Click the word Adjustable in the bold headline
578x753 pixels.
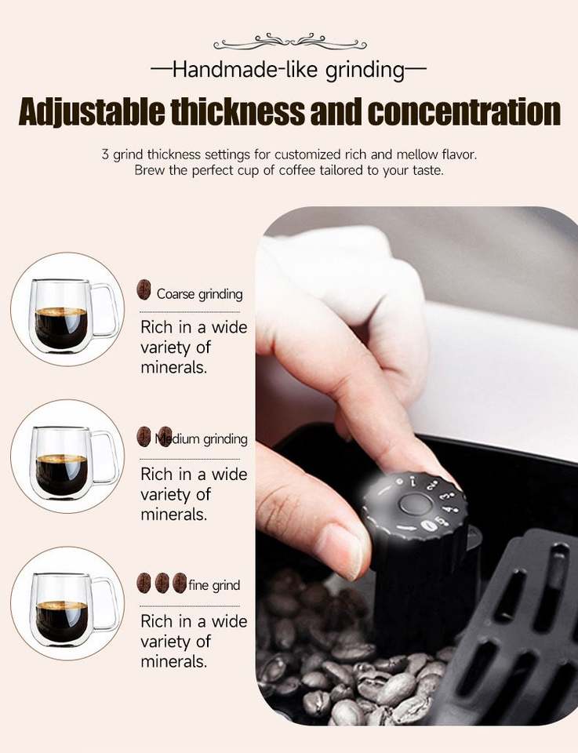[93, 111]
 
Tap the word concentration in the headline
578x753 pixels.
[464, 111]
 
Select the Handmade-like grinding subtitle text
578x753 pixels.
[289, 70]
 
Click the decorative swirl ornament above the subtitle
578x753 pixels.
[290, 42]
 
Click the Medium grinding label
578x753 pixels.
[201, 439]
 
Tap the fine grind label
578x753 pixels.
[214, 585]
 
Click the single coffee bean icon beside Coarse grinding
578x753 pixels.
[144, 290]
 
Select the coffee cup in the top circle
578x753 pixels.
[73, 315]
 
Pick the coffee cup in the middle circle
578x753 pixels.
[73, 462]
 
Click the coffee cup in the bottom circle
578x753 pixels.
[73, 609]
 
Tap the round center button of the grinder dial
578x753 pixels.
[415, 504]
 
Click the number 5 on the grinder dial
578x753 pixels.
[440, 521]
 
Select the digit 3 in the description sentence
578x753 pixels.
[105, 155]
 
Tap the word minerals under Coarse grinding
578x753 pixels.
[174, 367]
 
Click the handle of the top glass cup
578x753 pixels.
[106, 311]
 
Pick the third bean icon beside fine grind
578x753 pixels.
[180, 583]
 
